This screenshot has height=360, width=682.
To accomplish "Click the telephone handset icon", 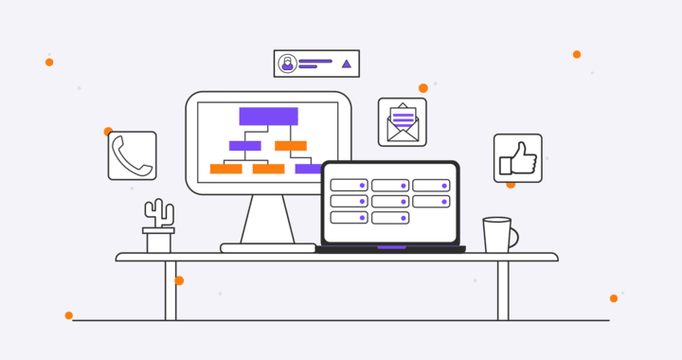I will point(132,155).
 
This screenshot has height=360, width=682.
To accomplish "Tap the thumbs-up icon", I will point(518,158).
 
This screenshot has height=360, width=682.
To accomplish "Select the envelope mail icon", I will point(403,122).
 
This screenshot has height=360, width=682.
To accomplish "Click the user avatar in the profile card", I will point(287,63).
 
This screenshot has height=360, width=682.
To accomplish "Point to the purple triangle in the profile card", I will point(346,63).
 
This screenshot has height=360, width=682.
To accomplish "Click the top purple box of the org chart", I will point(268,117).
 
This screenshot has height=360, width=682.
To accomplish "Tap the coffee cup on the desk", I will point(496,235).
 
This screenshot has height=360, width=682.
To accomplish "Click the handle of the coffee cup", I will point(513,236).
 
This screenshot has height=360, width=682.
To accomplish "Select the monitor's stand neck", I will point(267,219).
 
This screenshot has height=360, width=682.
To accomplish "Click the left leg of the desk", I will point(170,290).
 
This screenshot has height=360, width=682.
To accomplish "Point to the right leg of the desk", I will point(503,290).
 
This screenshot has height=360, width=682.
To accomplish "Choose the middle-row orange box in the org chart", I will point(291,146).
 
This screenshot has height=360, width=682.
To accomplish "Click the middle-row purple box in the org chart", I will point(245,146).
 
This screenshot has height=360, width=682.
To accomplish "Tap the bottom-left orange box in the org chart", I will point(225,169).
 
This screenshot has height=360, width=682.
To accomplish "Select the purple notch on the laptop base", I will point(391,247).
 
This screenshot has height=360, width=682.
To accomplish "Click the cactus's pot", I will point(158,242).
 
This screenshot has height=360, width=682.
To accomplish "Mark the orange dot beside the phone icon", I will point(108,132).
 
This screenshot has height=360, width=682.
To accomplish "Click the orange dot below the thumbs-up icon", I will point(511,185).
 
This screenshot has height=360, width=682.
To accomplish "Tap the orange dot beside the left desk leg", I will point(179,280).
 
